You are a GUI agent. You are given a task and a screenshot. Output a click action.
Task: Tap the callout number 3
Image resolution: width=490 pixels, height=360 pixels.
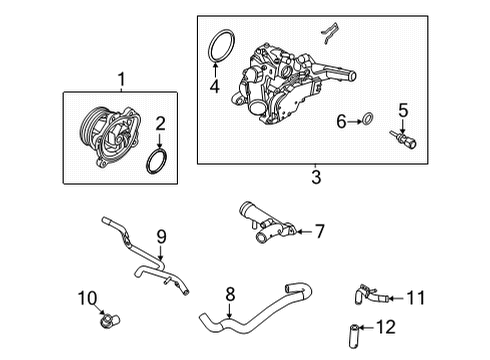point(315,179)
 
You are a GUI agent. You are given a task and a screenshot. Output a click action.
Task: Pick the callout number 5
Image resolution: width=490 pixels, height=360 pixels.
point(403,111)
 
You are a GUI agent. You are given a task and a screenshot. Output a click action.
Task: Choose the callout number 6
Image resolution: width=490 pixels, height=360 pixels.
point(340,122)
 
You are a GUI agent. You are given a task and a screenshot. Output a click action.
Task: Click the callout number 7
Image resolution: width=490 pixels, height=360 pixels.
point(320,232)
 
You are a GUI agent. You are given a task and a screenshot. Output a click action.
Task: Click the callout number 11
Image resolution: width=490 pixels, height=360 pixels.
point(417,296)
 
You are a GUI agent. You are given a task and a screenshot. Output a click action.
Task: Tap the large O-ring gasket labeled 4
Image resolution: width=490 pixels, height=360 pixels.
point(221,50)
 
